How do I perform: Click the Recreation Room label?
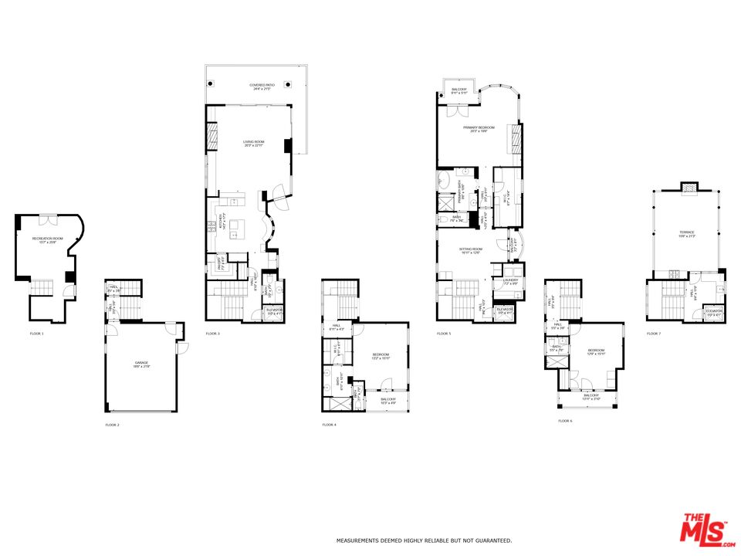pos(47,240)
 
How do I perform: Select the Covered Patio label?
pos(259,86)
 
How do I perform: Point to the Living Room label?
pos(254,143)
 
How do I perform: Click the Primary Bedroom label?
pos(479,129)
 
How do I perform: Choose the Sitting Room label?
pos(471,250)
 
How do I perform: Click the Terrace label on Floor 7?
pos(687,234)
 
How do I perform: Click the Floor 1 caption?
pos(37,334)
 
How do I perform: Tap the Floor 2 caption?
pos(113,425)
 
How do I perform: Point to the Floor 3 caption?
pos(213,334)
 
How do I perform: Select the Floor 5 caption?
pos(443,334)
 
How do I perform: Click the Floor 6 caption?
pos(565,421)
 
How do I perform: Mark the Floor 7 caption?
pos(654,334)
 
